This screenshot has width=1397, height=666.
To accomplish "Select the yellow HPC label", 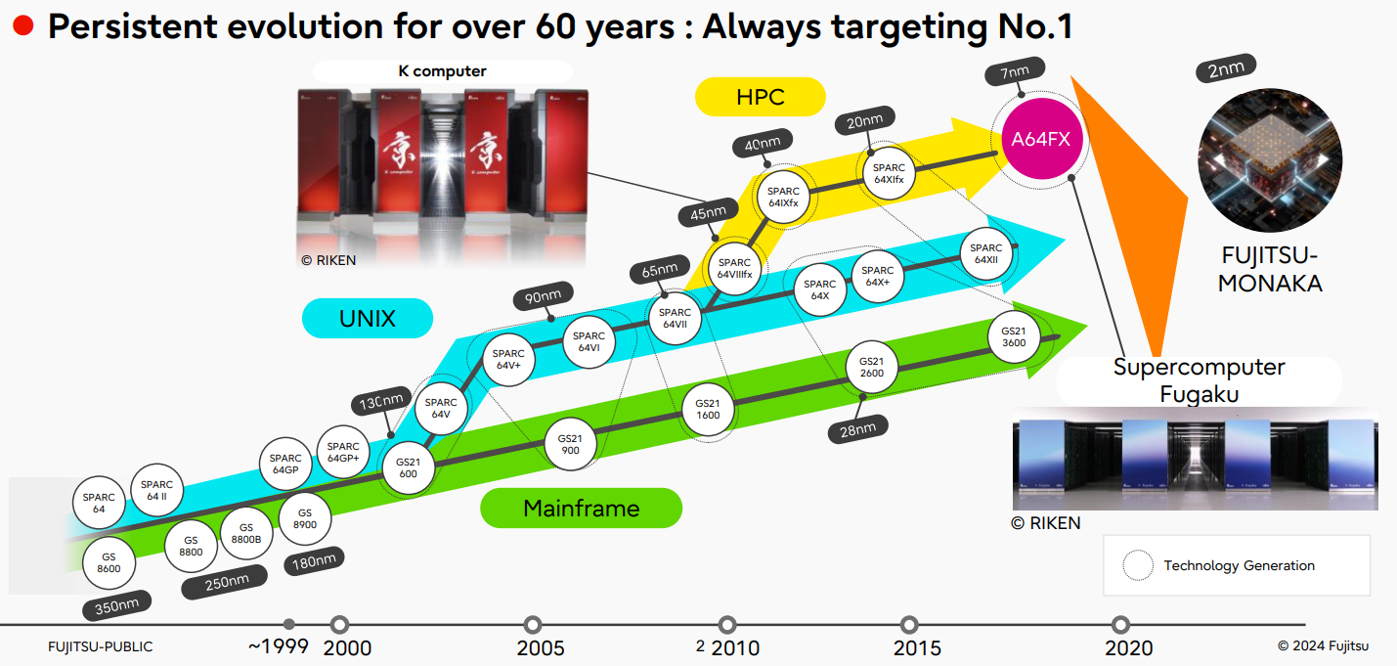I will (761, 97).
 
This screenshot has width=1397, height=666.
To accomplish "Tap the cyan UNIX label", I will (368, 318).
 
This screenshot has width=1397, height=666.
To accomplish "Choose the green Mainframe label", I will (581, 509).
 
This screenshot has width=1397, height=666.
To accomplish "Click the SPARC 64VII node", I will (675, 319).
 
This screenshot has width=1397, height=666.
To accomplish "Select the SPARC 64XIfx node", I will (890, 173).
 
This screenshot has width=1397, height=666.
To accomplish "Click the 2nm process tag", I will (1226, 70).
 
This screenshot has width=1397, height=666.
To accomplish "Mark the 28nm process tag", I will (858, 427).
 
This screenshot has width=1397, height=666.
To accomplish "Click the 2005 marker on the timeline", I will (533, 625).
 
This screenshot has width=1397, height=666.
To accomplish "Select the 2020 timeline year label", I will (1129, 647).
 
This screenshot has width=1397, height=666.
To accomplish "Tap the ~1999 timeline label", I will (278, 646).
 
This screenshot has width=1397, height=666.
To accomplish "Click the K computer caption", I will (442, 70).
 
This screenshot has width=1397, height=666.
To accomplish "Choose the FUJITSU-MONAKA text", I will (1271, 270).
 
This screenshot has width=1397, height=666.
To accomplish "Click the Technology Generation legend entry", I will (1239, 565).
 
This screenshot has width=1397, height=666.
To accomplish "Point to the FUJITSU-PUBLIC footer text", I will (101, 646).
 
